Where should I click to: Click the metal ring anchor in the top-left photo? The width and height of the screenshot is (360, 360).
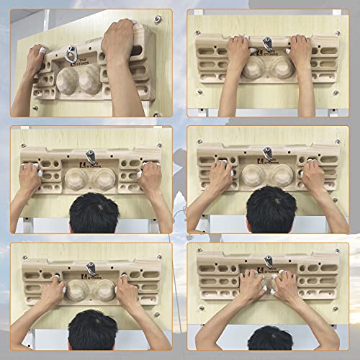(x=71, y=53)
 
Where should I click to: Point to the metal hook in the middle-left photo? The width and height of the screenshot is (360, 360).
(x=91, y=156)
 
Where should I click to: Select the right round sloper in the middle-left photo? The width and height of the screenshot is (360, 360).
(x=105, y=179)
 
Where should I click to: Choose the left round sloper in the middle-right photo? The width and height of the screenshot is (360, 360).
(x=253, y=175)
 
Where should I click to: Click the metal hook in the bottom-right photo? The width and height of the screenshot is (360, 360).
(x=268, y=260)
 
